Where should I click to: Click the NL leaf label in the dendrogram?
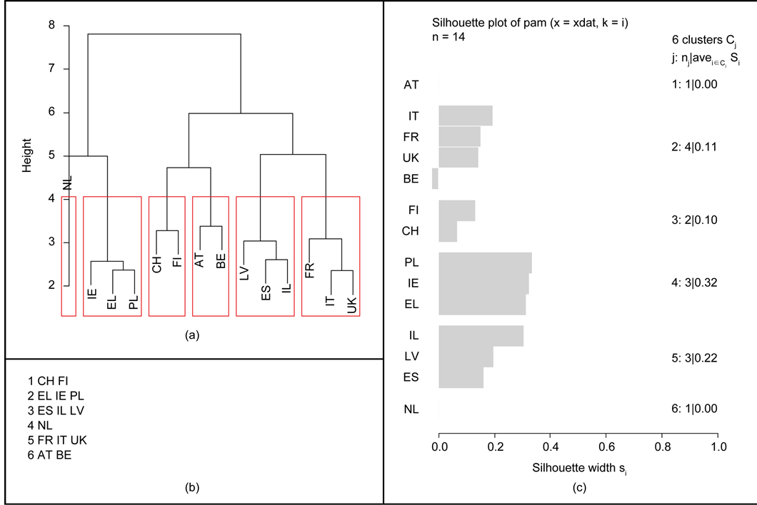(x=68, y=183)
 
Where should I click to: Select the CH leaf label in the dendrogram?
(x=156, y=265)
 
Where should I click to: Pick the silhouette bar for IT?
(x=466, y=116)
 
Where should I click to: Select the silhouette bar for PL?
(x=485, y=262)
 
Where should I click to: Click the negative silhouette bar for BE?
(x=435, y=178)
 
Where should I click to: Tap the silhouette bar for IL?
(x=481, y=335)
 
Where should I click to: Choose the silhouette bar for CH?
(x=448, y=231)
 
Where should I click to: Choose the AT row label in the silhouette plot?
(x=411, y=84)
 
